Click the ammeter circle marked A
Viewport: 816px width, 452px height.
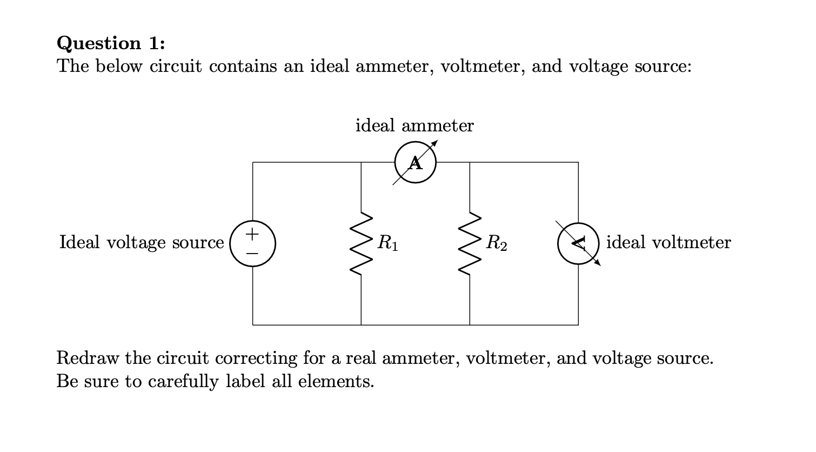(415, 162)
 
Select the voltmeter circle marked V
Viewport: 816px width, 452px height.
(578, 243)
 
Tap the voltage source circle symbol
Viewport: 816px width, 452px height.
(253, 243)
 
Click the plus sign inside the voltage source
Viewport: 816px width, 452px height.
(253, 235)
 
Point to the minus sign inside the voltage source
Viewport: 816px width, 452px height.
(253, 252)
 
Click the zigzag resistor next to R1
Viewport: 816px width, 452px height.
(361, 243)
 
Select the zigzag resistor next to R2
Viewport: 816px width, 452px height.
(470, 243)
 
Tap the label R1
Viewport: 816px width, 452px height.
(388, 243)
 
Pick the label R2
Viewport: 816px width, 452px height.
(497, 243)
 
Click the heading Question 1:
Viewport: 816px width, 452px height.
(111, 42)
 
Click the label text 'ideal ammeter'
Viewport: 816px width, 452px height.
(414, 125)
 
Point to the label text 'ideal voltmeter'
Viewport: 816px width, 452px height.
(668, 242)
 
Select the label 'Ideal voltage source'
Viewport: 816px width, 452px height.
(142, 242)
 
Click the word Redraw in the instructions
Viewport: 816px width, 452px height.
(88, 358)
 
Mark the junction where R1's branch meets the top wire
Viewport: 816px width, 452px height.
(361, 162)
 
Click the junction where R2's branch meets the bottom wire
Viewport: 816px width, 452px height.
(470, 325)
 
